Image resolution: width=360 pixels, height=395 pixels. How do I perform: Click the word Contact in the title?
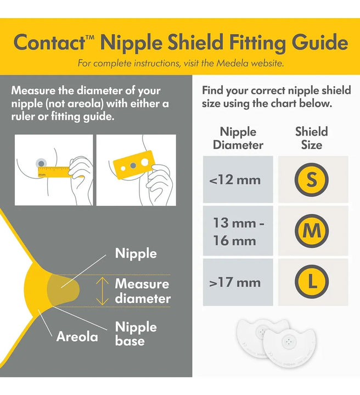[x=49, y=42]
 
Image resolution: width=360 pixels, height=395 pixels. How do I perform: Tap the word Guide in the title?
[x=320, y=43]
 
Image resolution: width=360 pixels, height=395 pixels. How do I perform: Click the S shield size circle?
[x=312, y=179]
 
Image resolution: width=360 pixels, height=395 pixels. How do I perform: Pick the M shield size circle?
[x=312, y=231]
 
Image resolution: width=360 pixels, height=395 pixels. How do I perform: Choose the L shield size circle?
[x=312, y=281]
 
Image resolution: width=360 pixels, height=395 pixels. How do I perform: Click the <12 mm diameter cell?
[x=238, y=179]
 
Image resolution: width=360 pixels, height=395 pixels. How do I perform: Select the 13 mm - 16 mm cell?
[x=238, y=231]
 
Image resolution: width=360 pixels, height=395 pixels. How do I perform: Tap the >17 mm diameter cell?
[x=238, y=282]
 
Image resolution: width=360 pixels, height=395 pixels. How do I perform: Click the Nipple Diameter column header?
[x=238, y=138]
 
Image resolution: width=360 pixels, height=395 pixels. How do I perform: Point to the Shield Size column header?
[x=312, y=138]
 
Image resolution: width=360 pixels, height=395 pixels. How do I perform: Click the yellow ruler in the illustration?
[x=54, y=172]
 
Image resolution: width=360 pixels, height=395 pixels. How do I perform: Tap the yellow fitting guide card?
[x=133, y=165]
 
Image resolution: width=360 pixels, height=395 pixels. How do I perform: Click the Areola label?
[x=77, y=336]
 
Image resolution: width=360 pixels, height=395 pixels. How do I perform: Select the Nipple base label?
[x=136, y=334]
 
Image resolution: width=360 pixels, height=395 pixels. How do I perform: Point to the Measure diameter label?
[x=143, y=291]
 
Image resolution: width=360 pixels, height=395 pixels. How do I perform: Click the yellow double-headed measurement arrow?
[x=102, y=291]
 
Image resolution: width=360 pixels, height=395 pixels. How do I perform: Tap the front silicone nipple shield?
[x=289, y=346]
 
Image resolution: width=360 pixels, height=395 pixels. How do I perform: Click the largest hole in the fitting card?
[x=145, y=162]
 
